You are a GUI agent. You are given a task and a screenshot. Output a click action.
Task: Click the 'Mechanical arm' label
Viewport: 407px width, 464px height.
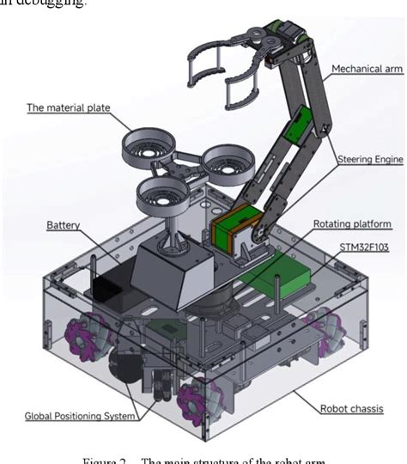pos(368,68)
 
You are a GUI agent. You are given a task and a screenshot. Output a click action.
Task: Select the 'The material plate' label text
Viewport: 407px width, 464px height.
pos(69,107)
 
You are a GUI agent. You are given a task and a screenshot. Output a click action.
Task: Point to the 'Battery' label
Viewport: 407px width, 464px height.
pos(63,225)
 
